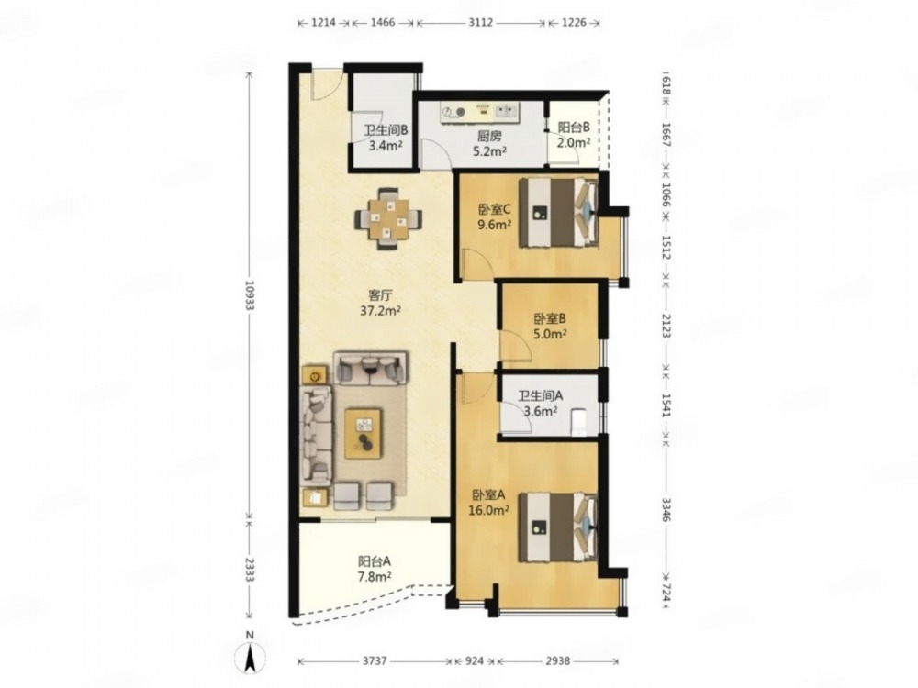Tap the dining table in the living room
click(x=387, y=219)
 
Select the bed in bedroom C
click(x=558, y=212)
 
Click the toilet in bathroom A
click(x=579, y=421)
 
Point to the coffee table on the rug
click(x=363, y=434)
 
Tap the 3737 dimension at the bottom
click(x=375, y=661)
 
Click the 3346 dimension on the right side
click(x=666, y=509)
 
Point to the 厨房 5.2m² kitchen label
click(x=489, y=144)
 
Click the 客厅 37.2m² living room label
click(x=381, y=302)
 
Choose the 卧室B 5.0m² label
click(x=550, y=327)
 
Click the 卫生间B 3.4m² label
click(x=386, y=139)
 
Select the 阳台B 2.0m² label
click(x=573, y=135)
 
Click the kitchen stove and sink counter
click(x=480, y=113)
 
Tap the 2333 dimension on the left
click(x=250, y=569)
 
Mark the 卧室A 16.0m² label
click(x=488, y=502)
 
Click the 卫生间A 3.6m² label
click(x=541, y=403)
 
